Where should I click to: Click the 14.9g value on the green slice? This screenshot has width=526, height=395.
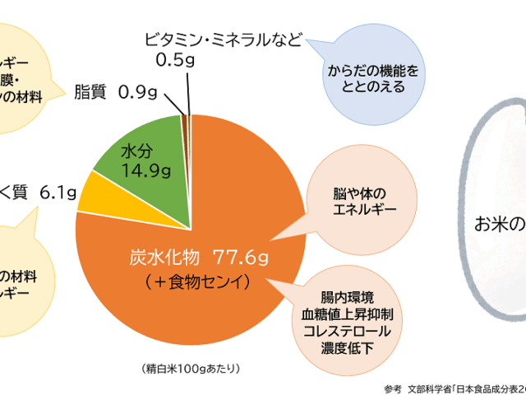140,170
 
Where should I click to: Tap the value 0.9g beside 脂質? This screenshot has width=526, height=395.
137,92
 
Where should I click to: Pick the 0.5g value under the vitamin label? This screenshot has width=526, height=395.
174,59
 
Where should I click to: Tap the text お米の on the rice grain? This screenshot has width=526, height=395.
498,223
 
